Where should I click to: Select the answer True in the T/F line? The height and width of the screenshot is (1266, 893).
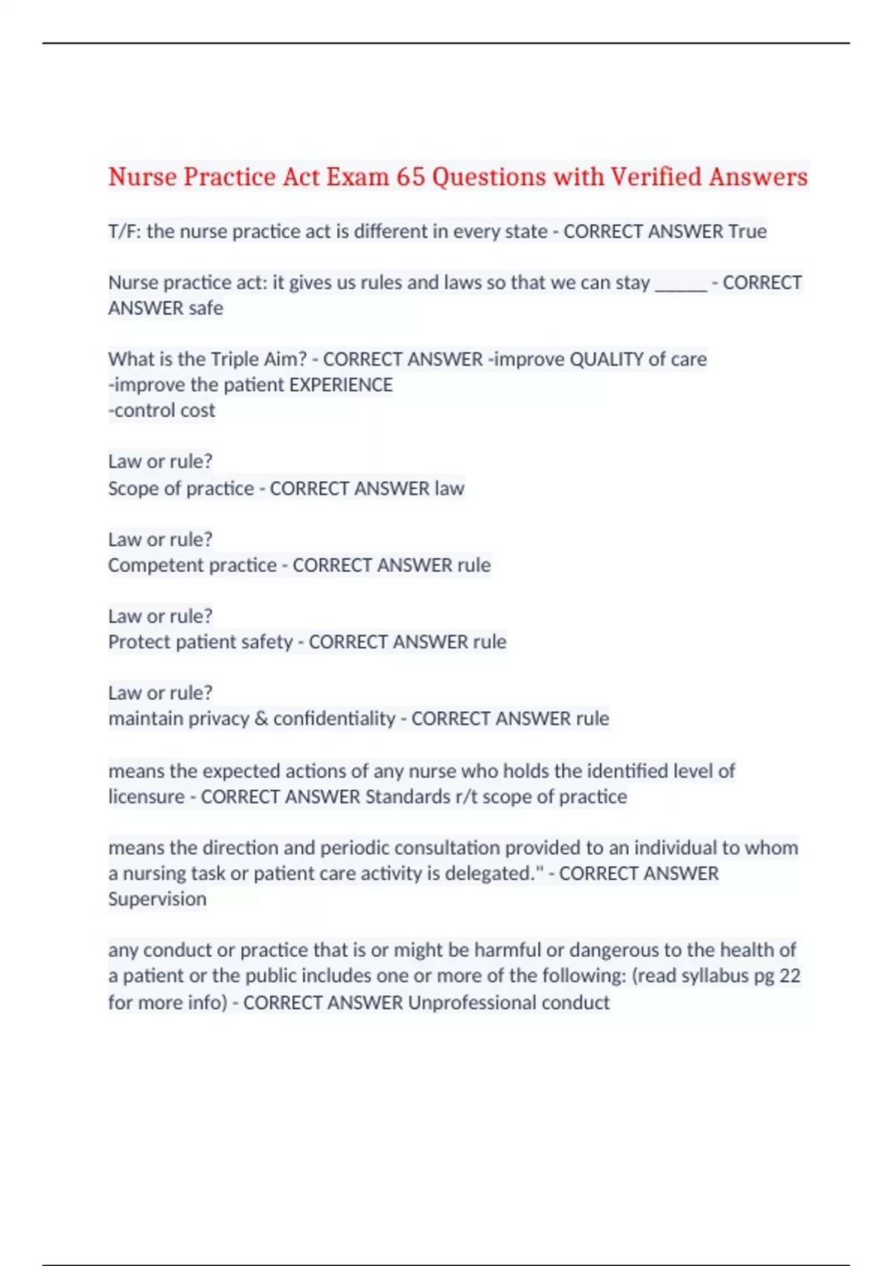tap(747, 232)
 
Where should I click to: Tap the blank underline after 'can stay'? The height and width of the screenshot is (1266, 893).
tap(680, 284)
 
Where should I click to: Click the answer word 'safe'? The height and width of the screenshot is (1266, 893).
tap(205, 308)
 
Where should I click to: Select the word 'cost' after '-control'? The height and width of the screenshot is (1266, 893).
tap(196, 410)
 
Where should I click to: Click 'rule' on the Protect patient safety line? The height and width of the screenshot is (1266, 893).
tap(489, 642)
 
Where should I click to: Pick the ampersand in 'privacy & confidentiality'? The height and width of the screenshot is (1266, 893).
tap(260, 719)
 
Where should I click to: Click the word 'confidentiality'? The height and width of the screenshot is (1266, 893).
tap(334, 719)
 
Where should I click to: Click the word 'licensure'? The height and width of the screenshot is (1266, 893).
tap(146, 797)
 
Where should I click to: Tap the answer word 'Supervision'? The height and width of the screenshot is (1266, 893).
tap(157, 899)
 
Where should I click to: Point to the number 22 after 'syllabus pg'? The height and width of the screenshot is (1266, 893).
tap(790, 976)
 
